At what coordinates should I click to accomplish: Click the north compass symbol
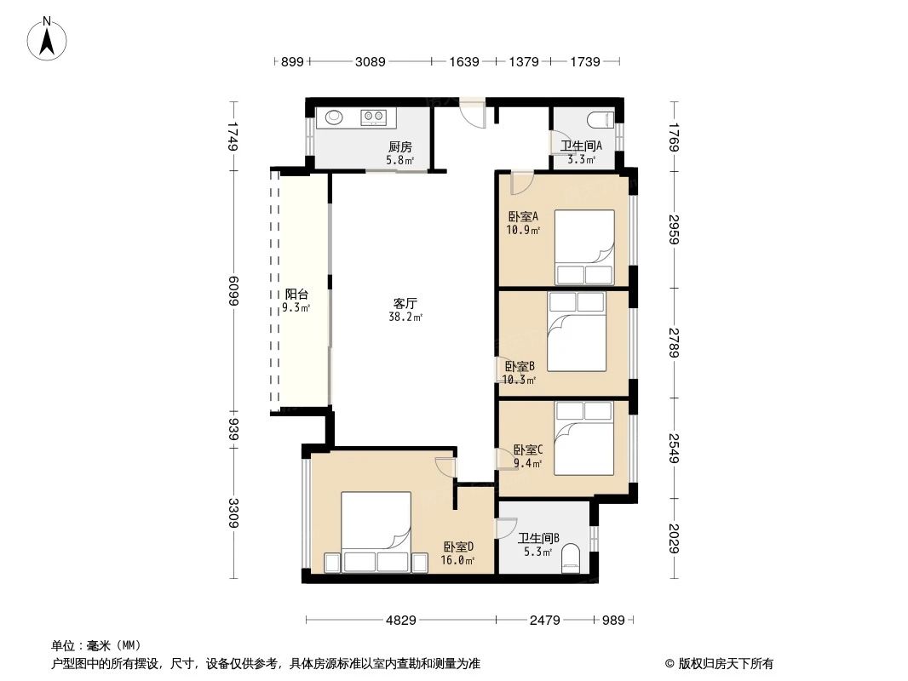coord(48,38)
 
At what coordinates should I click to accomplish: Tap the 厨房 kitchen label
coord(400,146)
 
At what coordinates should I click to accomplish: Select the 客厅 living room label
coord(405,303)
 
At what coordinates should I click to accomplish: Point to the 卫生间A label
coord(581,146)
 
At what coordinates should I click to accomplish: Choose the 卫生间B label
coord(538,538)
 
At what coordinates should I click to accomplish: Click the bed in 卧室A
coord(583,247)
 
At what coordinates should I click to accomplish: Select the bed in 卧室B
coord(577,332)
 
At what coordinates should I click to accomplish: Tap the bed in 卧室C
coord(583,438)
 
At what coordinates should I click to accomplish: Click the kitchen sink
coord(333,117)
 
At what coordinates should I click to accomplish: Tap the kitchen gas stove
coord(373,117)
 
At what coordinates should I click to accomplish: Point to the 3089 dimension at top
coord(371,61)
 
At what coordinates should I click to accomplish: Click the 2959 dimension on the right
coord(674,228)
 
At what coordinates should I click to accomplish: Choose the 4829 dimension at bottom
coord(400,621)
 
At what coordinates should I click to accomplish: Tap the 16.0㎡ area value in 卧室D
coord(458,560)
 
